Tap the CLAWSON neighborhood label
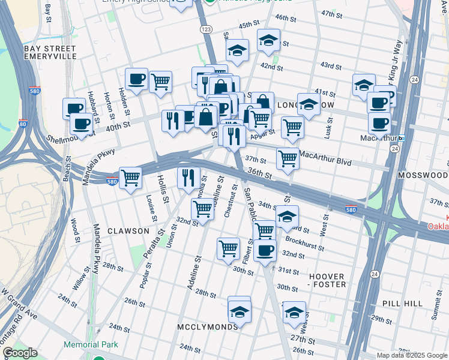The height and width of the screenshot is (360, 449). point(128,231)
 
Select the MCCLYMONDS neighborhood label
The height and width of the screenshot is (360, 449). point(206,327)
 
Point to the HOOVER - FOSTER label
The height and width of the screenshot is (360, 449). point(328,280)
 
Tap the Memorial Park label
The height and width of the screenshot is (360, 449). point(91,345)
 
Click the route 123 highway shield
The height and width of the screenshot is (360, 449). point(206,29)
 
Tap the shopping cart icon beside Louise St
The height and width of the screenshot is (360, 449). point(131,178)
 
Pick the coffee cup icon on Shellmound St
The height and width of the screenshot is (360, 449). point(81,124)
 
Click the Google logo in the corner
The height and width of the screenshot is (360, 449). point(20,353)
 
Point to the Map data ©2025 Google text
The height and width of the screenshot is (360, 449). point(411,355)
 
